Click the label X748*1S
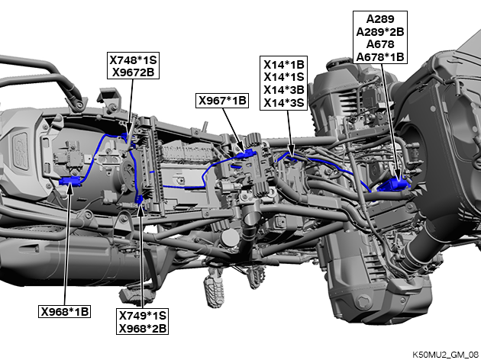click(x=133, y=59)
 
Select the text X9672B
click(x=133, y=72)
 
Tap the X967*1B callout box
click(x=222, y=101)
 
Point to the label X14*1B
click(x=284, y=65)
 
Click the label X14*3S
click(x=284, y=103)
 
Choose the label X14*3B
click(x=284, y=90)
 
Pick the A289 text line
click(x=380, y=19)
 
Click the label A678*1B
click(x=380, y=57)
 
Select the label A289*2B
click(x=380, y=31)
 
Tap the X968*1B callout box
click(x=64, y=312)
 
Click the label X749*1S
click(x=142, y=316)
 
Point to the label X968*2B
click(x=142, y=329)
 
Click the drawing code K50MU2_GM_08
click(x=445, y=355)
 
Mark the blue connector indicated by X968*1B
click(x=70, y=182)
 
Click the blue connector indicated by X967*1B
click(x=247, y=154)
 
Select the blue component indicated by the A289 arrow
click(x=393, y=185)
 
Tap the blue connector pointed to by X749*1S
click(x=139, y=200)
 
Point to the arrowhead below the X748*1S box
click(x=129, y=128)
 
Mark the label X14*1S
click(x=284, y=76)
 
